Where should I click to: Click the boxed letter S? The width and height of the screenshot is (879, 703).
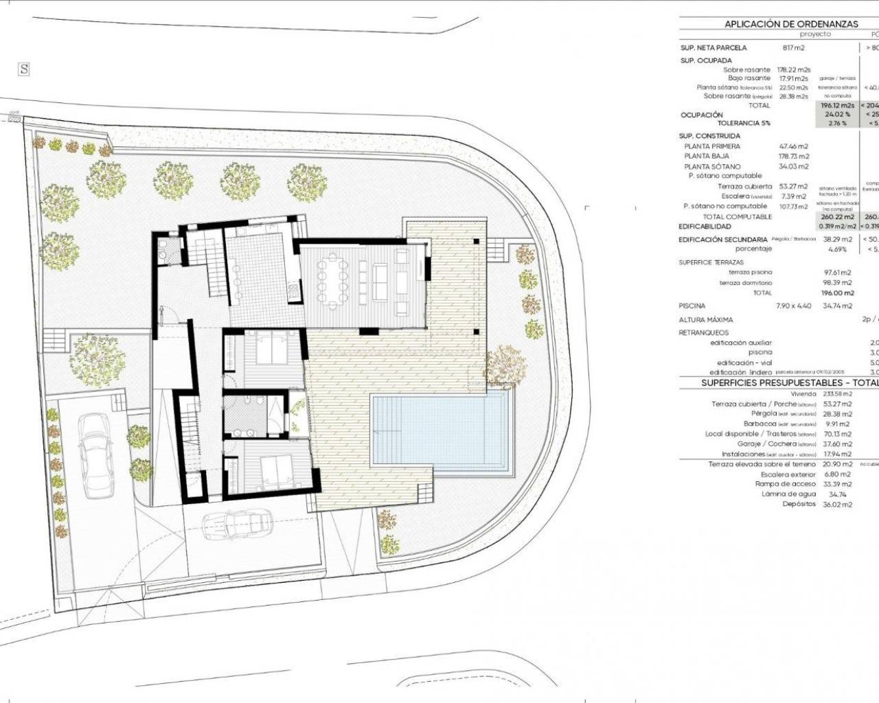click(x=24, y=69)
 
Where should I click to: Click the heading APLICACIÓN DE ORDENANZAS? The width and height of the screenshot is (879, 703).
click(x=791, y=23)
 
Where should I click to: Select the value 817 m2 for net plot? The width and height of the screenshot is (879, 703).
click(x=793, y=48)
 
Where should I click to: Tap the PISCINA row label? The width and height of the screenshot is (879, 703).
click(x=692, y=306)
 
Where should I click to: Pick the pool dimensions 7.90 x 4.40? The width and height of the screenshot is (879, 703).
click(x=793, y=306)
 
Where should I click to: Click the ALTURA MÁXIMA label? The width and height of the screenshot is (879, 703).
click(x=705, y=320)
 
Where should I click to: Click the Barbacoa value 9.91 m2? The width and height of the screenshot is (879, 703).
click(x=838, y=424)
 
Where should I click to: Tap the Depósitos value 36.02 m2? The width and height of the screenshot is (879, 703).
click(x=838, y=505)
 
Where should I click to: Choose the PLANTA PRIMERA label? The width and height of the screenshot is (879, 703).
click(x=712, y=147)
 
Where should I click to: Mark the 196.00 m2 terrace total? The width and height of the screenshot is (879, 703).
click(x=838, y=292)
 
